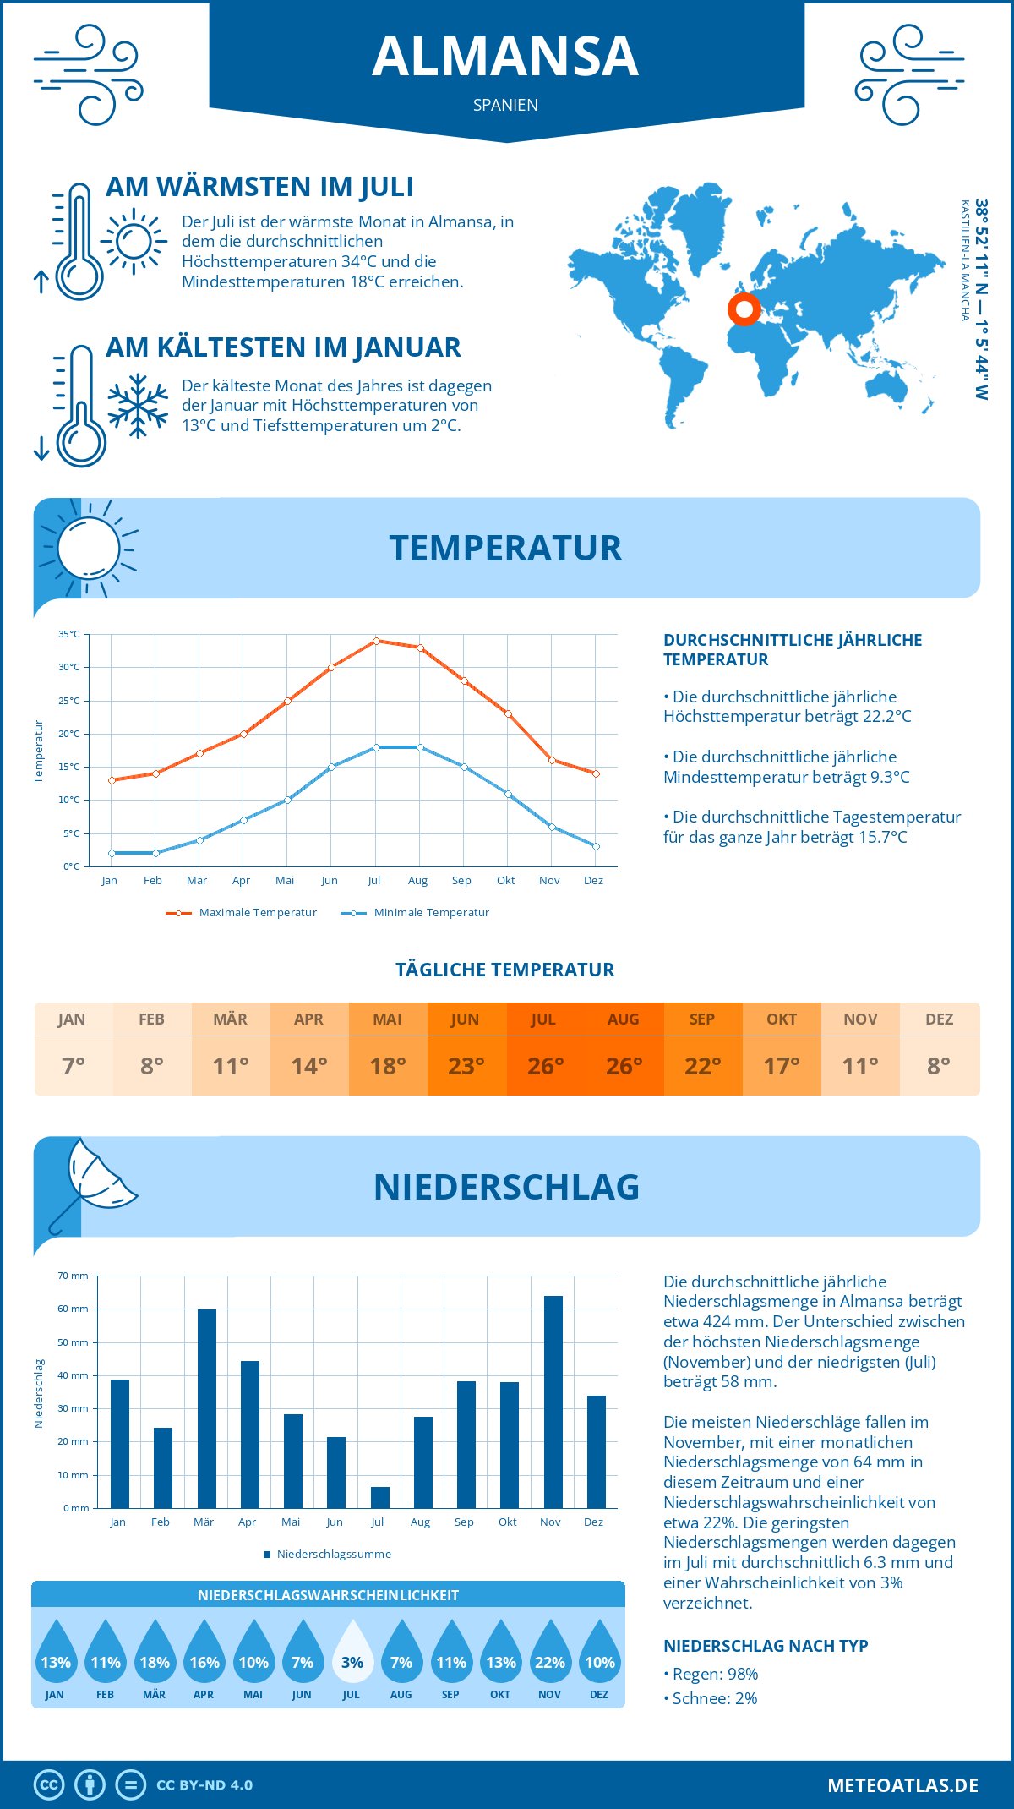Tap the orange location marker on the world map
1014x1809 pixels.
(744, 309)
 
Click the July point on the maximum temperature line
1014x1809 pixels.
(376, 641)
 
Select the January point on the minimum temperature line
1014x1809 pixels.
(112, 853)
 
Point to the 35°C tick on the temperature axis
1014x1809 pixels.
(69, 634)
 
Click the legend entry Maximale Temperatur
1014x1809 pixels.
(242, 913)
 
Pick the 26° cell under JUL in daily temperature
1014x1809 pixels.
(545, 1066)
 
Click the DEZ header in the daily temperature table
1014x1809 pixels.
(939, 1019)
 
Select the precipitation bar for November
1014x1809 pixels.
(553, 1402)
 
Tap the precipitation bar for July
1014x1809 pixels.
(380, 1497)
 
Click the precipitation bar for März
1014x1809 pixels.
(207, 1408)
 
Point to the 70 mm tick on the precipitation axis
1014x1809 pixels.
(74, 1276)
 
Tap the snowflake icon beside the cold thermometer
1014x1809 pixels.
(138, 406)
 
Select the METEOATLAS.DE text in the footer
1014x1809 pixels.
(902, 1785)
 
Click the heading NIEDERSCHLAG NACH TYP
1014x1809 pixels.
(766, 1646)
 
